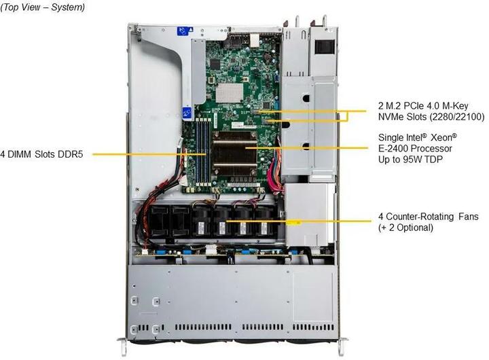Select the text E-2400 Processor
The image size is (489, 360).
click(x=415, y=147)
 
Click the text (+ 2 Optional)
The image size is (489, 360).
click(x=405, y=228)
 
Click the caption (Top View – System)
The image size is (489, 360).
click(x=43, y=7)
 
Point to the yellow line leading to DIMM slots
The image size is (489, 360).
click(x=139, y=154)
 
